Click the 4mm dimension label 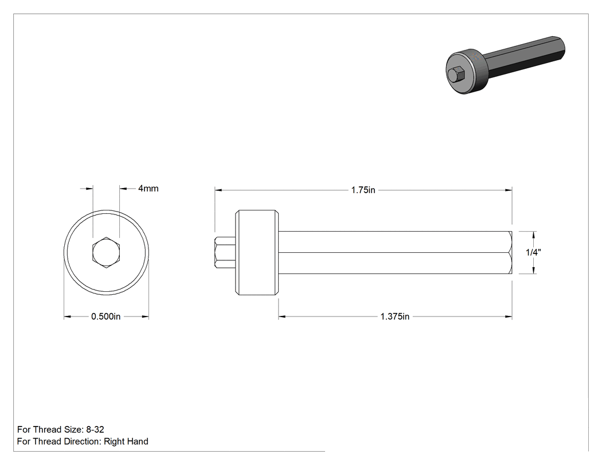click(x=148, y=189)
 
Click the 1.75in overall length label click(x=363, y=190)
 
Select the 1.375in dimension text click(x=394, y=316)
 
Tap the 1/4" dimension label click(x=533, y=252)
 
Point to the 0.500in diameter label click(x=105, y=316)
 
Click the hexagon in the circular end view click(x=106, y=252)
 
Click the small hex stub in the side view click(x=225, y=252)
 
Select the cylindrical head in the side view click(x=257, y=252)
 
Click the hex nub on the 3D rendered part click(x=456, y=74)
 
